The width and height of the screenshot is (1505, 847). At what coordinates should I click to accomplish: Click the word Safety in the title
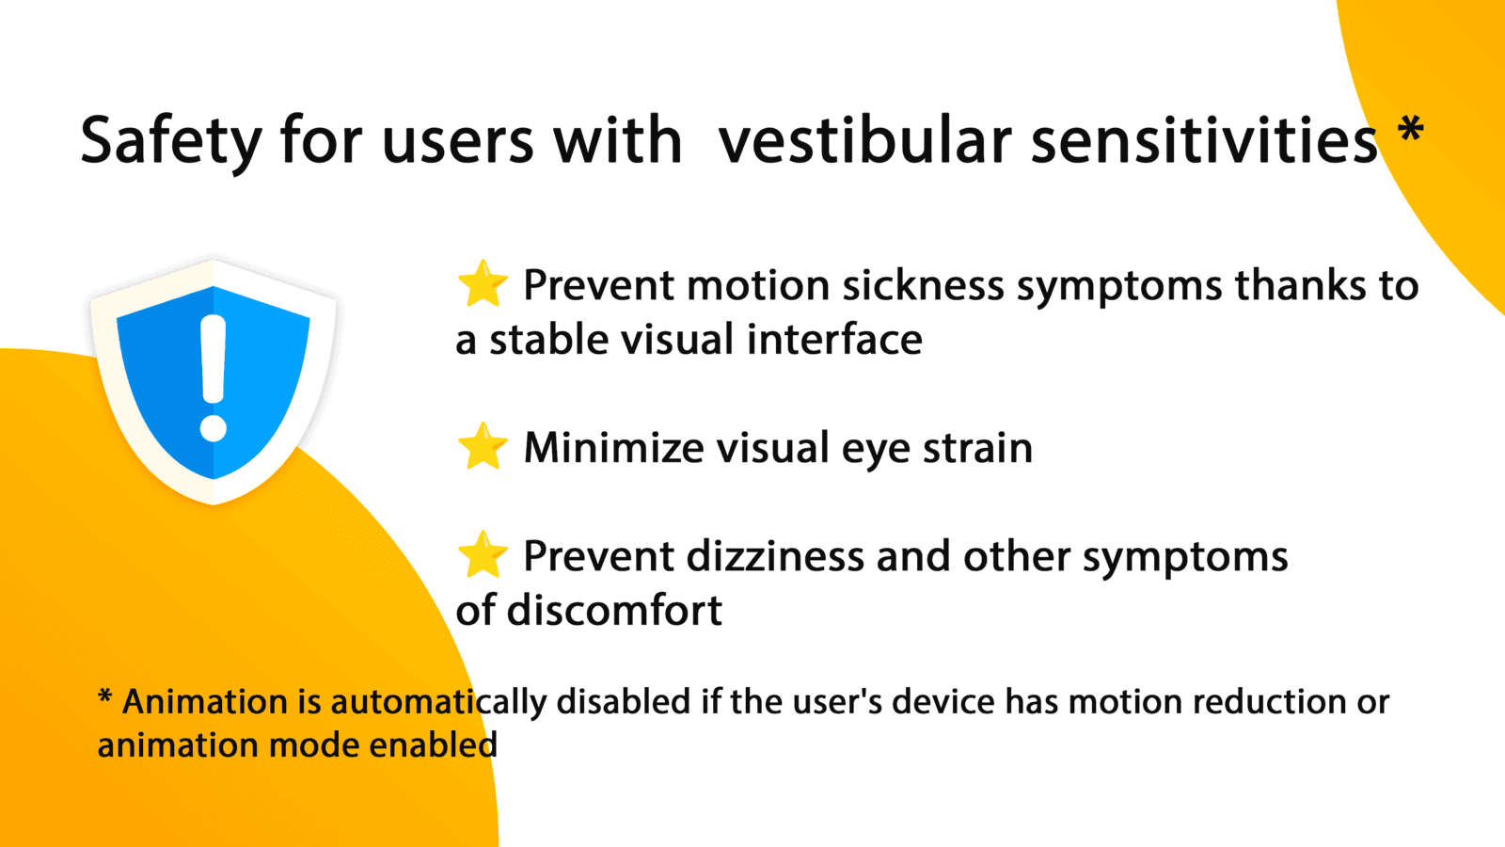pyautogui.click(x=170, y=140)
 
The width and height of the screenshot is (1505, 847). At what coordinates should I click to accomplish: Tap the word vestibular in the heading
pyautogui.click(x=864, y=139)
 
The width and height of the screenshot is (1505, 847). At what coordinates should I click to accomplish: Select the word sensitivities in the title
pyautogui.click(x=1204, y=139)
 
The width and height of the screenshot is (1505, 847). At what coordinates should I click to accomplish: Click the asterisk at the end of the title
pyautogui.click(x=1410, y=128)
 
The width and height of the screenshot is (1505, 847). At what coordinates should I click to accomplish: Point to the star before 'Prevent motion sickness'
pyautogui.click(x=483, y=283)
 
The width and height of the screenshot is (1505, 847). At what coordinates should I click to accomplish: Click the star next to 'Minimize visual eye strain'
pyautogui.click(x=483, y=446)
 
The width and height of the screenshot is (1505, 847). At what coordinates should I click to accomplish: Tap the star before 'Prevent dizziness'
pyautogui.click(x=483, y=554)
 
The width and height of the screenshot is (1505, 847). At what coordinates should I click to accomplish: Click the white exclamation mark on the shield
pyautogui.click(x=214, y=377)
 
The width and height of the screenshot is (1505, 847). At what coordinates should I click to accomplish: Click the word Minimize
pyautogui.click(x=613, y=448)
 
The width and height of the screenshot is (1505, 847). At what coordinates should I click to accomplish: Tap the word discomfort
pyautogui.click(x=615, y=611)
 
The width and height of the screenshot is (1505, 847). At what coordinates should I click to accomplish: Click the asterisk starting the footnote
pyautogui.click(x=104, y=695)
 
